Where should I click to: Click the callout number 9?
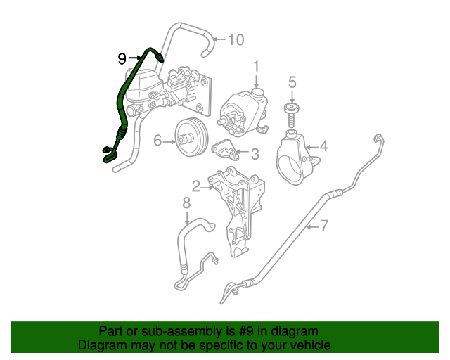pyautogui.click(x=122, y=58)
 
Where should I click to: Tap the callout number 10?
pyautogui.click(x=236, y=39)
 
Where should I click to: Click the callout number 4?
pyautogui.click(x=324, y=147)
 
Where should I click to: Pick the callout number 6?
pyautogui.click(x=158, y=141)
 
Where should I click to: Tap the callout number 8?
pyautogui.click(x=186, y=203)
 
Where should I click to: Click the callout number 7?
pyautogui.click(x=325, y=226)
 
